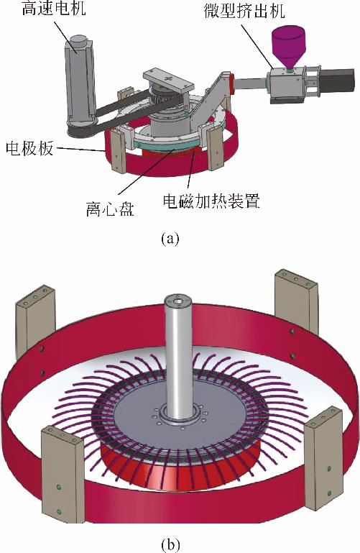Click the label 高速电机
point(54,8)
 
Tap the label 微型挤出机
point(244,12)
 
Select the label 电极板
point(30,149)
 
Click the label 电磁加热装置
point(211,201)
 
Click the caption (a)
point(170,239)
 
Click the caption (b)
point(170,544)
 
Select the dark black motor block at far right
point(336,81)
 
